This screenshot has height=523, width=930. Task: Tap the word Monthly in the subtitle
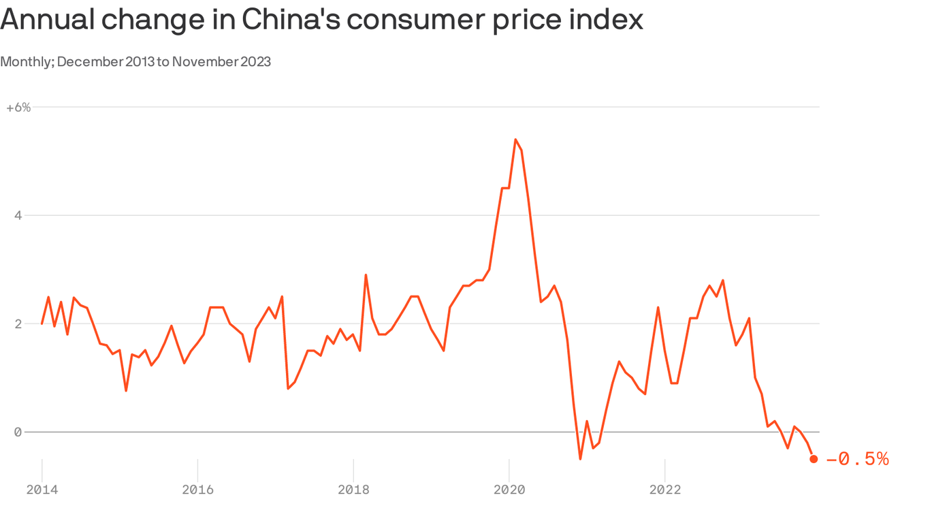click(26, 62)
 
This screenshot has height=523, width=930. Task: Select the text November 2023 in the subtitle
click(221, 62)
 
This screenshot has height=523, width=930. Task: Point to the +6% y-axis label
click(18, 108)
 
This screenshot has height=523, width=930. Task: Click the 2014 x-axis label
click(42, 490)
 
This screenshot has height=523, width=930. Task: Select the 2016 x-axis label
click(197, 490)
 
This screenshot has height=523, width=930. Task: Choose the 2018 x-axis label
click(353, 490)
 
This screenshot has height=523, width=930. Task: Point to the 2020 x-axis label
click(509, 490)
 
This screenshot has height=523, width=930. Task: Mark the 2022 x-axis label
click(664, 490)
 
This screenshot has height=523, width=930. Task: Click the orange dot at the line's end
click(814, 459)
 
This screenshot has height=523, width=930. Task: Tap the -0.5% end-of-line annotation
click(857, 460)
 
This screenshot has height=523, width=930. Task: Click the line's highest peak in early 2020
click(515, 140)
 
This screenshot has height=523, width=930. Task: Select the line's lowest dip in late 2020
click(580, 458)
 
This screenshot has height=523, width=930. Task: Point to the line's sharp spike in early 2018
click(366, 275)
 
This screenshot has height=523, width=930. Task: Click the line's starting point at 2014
click(42, 323)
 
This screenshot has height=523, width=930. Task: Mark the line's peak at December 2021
click(658, 308)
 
